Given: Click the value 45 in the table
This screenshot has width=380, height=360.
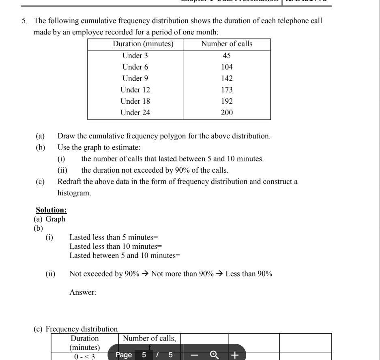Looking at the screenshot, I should (x=227, y=56).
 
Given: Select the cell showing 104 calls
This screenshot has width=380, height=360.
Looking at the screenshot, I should (x=227, y=67).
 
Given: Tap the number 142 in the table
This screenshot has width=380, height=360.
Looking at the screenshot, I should (x=227, y=78).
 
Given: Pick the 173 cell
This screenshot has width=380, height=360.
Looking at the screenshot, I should (x=227, y=90).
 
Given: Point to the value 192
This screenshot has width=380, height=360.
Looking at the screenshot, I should (x=227, y=101).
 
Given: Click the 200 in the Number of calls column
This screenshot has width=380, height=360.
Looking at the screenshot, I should (x=227, y=113).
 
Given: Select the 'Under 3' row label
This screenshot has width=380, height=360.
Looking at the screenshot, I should (x=135, y=56).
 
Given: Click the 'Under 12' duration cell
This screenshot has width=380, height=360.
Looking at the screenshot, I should (x=135, y=90).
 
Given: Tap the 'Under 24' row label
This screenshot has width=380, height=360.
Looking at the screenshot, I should (x=135, y=113).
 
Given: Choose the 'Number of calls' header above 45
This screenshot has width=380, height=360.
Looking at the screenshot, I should (x=227, y=44).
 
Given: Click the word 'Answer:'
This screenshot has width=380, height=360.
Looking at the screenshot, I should (x=83, y=291).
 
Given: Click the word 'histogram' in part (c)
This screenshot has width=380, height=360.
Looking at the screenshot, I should (x=73, y=193).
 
